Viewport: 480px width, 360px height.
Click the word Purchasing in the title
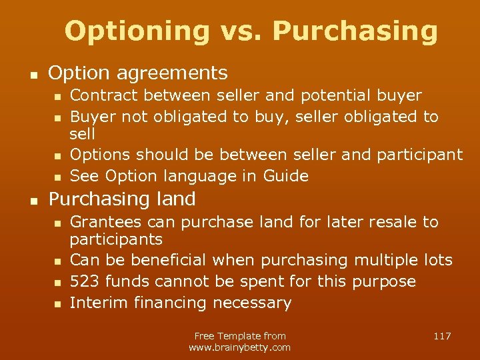pyautogui.click(x=355, y=31)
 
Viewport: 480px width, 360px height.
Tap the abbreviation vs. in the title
pyautogui.click(x=246, y=31)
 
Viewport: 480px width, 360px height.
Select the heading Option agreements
pyautogui.click(x=138, y=73)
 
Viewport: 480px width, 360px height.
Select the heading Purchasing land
pyautogui.click(x=122, y=199)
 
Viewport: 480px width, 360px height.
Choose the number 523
pyautogui.click(x=85, y=281)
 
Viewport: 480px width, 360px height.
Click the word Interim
pyautogui.click(x=99, y=303)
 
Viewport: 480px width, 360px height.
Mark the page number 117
pyautogui.click(x=442, y=336)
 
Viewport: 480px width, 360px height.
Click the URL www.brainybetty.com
pyautogui.click(x=239, y=347)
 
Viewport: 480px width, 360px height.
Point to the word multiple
pyautogui.click(x=385, y=260)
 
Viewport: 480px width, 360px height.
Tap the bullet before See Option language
pyautogui.click(x=57, y=177)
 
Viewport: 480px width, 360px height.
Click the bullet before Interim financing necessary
pyautogui.click(x=57, y=304)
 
